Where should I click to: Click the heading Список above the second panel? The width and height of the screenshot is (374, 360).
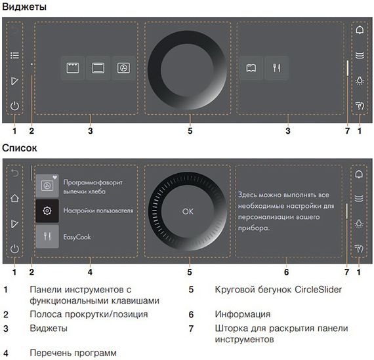pyautogui.click(x=19, y=149)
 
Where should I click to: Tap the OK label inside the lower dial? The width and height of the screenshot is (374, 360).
pyautogui.click(x=188, y=211)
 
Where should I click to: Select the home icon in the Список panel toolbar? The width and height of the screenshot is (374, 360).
pyautogui.click(x=14, y=197)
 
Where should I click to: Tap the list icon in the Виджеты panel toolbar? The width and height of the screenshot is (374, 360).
pyautogui.click(x=14, y=56)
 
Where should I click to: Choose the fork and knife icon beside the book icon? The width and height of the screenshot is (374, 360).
pyautogui.click(x=276, y=68)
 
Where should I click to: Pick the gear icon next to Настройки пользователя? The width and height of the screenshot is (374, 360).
pyautogui.click(x=47, y=210)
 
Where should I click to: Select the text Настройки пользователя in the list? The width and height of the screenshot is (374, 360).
pyautogui.click(x=98, y=210)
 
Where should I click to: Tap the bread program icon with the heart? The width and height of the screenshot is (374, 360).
pyautogui.click(x=47, y=185)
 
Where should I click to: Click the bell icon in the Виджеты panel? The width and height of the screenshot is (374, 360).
pyautogui.click(x=359, y=30)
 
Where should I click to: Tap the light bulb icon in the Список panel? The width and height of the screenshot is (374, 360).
pyautogui.click(x=359, y=223)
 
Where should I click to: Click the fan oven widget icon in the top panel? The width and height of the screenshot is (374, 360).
pyautogui.click(x=123, y=68)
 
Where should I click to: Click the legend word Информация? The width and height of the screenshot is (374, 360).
pyautogui.click(x=242, y=314)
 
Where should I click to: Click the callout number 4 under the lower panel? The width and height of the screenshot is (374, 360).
pyautogui.click(x=90, y=271)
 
